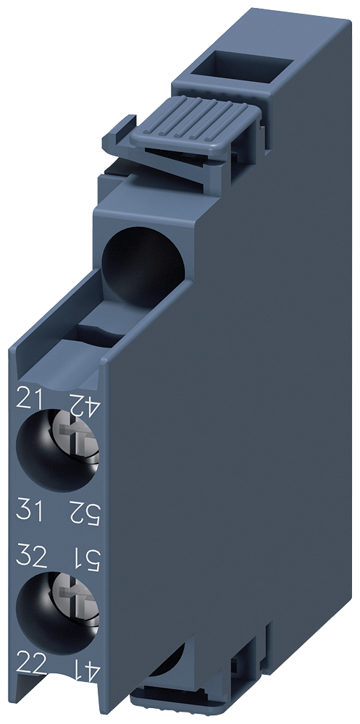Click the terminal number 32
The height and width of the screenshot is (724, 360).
tap(32, 557)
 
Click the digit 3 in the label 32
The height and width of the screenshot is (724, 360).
tap(24, 557)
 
